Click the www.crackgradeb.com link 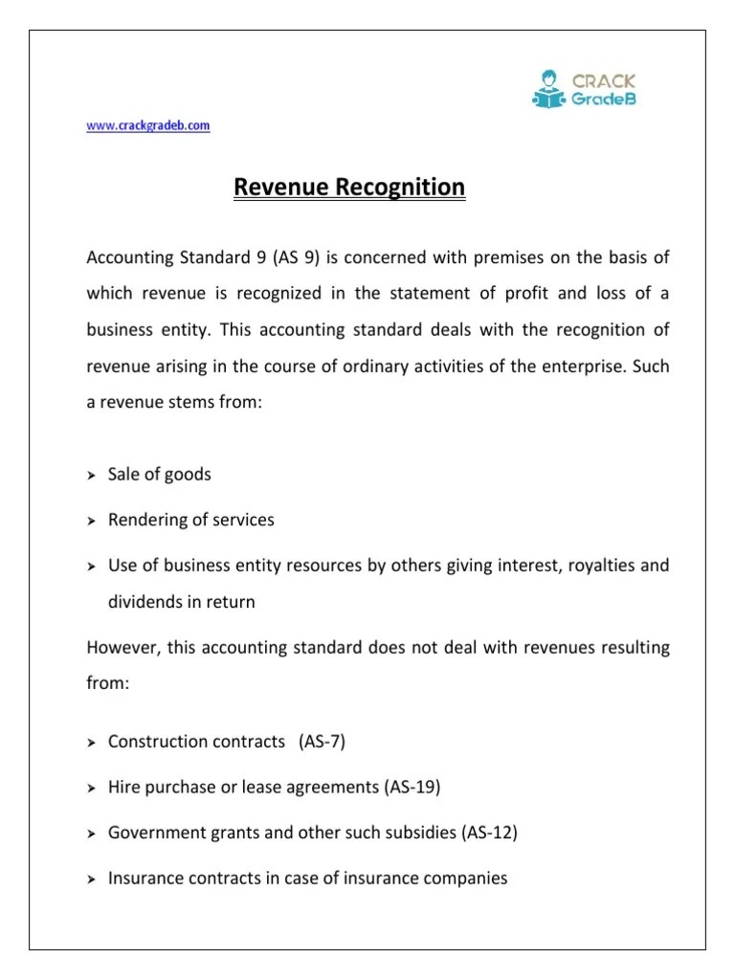point(148,125)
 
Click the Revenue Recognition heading point(349,188)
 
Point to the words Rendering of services point(190,520)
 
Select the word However point(123,647)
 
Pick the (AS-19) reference point(412,787)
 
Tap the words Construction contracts point(196,742)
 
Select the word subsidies point(419,833)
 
